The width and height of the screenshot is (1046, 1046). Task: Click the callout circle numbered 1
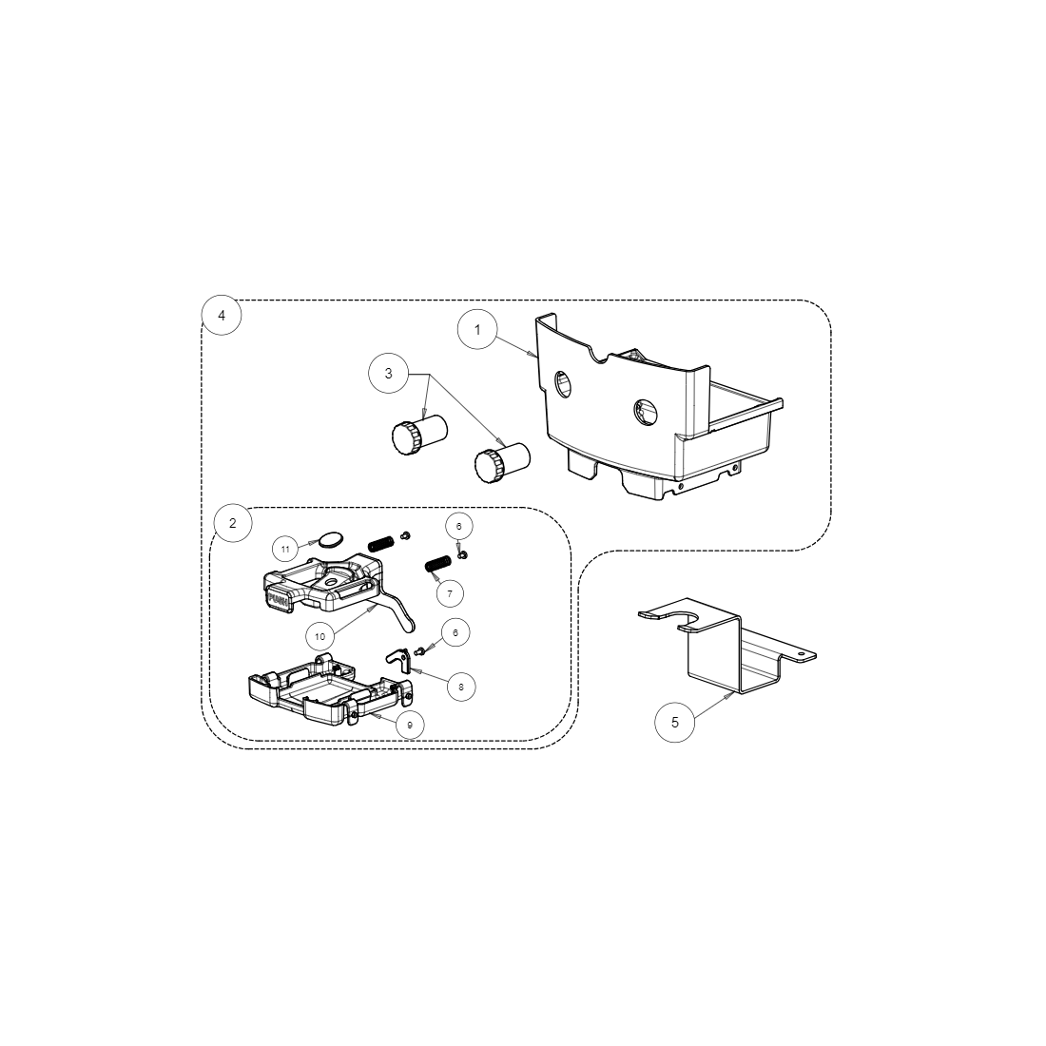(478, 330)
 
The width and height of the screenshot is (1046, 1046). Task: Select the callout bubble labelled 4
(222, 315)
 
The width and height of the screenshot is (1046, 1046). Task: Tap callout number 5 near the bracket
(675, 722)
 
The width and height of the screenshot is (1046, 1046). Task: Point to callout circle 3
(388, 374)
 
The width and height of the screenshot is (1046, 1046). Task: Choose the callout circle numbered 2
(233, 522)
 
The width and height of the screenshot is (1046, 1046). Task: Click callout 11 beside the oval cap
(285, 549)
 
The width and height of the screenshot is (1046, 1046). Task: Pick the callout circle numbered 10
(320, 636)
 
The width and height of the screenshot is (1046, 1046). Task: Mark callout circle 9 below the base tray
(410, 725)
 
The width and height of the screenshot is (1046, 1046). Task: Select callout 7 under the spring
(450, 592)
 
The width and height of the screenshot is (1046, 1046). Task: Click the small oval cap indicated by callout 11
(328, 540)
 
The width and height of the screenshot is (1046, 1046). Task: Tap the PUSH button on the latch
(279, 599)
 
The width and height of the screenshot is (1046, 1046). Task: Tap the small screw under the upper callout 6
(462, 553)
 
